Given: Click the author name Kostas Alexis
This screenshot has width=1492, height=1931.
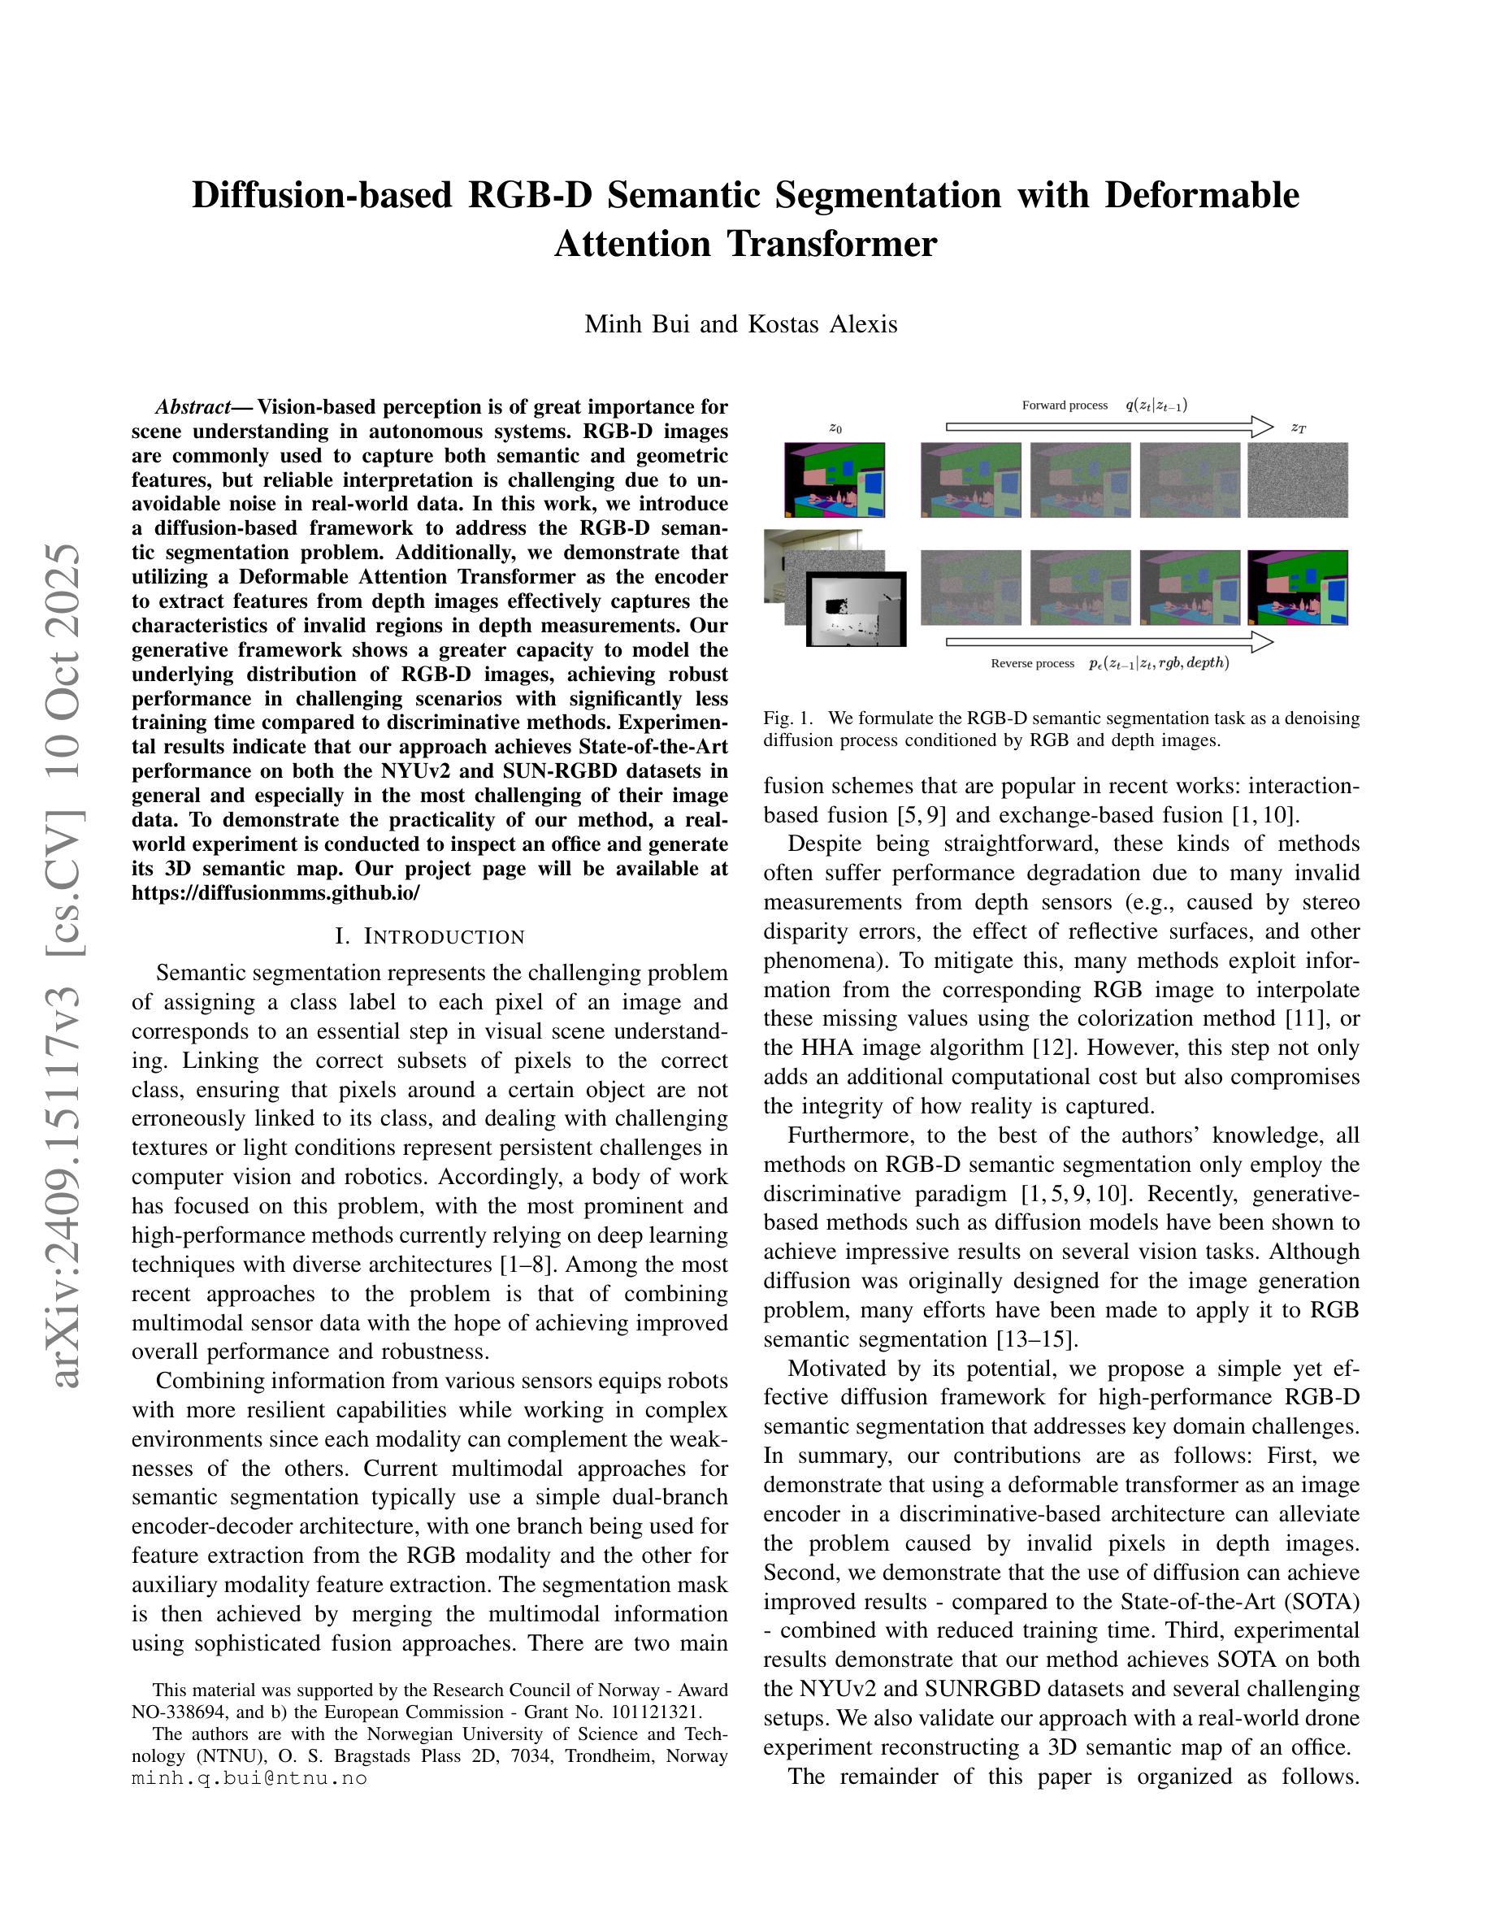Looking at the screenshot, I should coord(822,324).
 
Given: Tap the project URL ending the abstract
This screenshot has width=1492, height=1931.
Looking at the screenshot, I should coord(275,892).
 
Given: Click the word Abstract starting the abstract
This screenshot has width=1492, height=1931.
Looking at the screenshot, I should coord(192,408).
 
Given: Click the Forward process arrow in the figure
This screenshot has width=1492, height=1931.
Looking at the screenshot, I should coord(1109,427).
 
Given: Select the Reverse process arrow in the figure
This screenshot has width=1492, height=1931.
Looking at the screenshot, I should coord(1109,642).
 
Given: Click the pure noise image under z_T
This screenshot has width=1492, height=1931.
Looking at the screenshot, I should coord(1297,480).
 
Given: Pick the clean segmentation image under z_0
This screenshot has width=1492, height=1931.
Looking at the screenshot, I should coord(834,480).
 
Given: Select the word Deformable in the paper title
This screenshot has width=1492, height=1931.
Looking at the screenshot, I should coord(1202,195).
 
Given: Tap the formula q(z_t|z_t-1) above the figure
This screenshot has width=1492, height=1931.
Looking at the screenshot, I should coord(1156,406).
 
